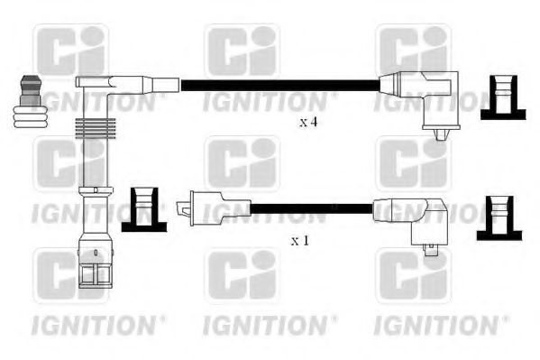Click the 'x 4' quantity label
click(x=308, y=122)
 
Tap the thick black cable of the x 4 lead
click(x=279, y=87)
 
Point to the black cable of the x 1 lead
click(x=307, y=208)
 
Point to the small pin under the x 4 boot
click(x=440, y=134)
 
